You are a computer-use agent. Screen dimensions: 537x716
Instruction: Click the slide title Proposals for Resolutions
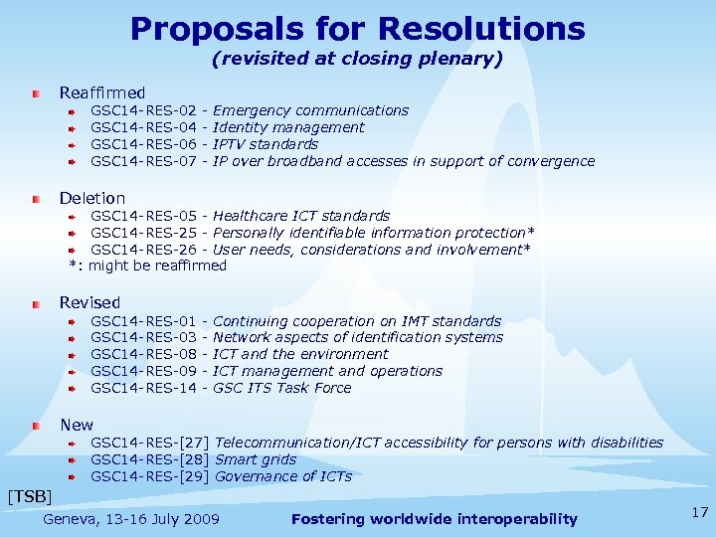click(x=357, y=28)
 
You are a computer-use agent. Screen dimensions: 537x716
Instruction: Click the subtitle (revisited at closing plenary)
click(x=357, y=59)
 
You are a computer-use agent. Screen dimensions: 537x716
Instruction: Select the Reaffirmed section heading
click(x=101, y=92)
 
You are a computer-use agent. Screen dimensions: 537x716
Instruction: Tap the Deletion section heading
click(x=91, y=198)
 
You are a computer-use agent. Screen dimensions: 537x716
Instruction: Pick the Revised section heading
click(x=89, y=302)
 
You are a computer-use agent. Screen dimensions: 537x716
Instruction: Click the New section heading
click(x=77, y=425)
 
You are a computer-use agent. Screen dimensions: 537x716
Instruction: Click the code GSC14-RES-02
click(x=143, y=110)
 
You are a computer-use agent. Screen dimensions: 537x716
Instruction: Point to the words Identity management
click(x=288, y=127)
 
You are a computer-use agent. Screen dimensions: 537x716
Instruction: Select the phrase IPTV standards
click(x=266, y=144)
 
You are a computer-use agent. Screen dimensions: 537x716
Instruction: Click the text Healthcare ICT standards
click(x=301, y=216)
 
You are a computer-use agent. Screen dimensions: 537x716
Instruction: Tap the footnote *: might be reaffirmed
click(x=147, y=266)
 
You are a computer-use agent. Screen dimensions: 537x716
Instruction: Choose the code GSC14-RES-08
click(x=143, y=354)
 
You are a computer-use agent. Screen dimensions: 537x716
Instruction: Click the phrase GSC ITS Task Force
click(x=281, y=388)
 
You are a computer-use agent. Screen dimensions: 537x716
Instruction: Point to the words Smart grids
click(x=256, y=459)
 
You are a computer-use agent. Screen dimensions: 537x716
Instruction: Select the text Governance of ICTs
click(x=283, y=476)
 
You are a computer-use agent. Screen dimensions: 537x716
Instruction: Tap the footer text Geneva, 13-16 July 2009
click(x=131, y=519)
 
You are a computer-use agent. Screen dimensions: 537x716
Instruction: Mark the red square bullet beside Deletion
click(x=35, y=199)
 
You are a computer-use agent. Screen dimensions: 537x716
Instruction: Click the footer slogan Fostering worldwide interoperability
click(x=434, y=519)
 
